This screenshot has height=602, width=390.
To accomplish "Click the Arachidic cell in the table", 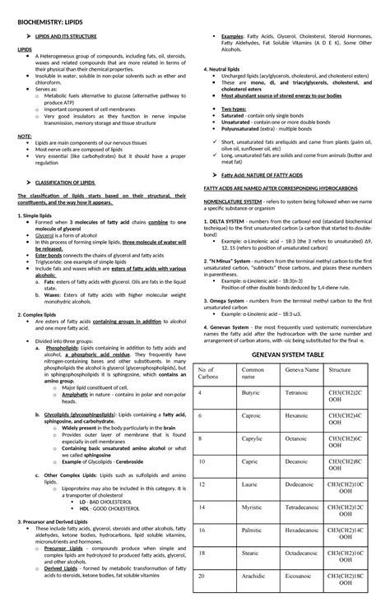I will (x=254, y=577).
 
